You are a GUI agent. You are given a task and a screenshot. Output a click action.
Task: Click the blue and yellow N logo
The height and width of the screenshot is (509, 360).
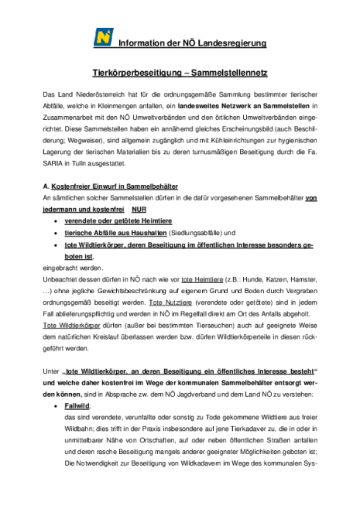pos(103,36)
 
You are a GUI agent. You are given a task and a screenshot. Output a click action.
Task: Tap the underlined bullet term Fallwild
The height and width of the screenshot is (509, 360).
pos(78,405)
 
